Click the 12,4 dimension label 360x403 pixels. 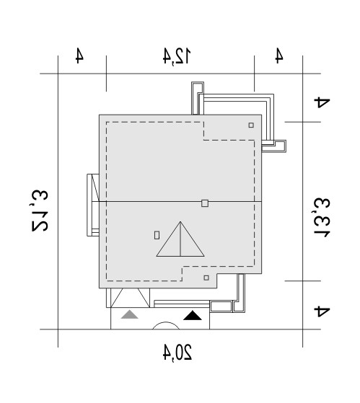tap(177, 56)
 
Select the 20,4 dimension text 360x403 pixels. tap(177, 353)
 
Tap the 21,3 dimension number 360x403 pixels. tap(40, 211)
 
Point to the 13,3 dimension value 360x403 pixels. tap(322, 218)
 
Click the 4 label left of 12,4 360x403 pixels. tap(79, 56)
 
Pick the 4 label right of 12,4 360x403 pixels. tap(279, 56)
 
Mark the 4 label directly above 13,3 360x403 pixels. tap(322, 102)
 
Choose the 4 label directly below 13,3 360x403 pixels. tap(322, 311)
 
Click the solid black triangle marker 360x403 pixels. tap(193, 316)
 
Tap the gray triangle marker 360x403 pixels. tap(130, 314)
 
